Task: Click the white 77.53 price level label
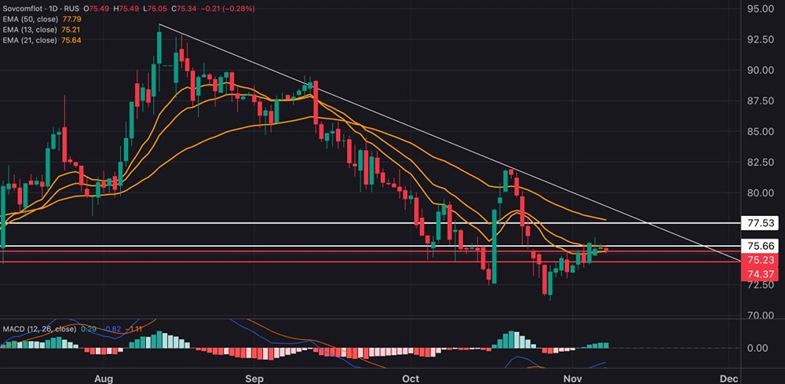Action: pos(760,223)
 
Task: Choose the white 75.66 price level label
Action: pos(760,246)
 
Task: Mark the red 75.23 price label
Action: pos(760,260)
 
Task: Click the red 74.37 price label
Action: pos(760,273)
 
